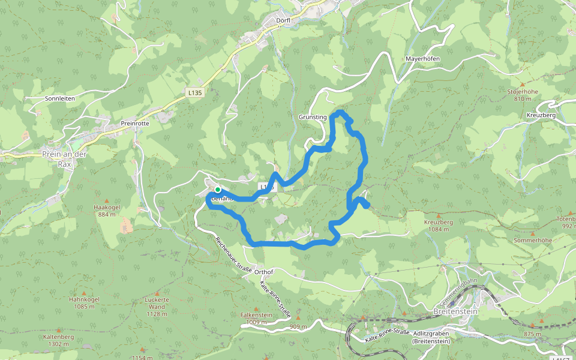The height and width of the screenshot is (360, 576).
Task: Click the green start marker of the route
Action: (x=217, y=190)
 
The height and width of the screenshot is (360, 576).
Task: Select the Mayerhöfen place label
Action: (x=423, y=59)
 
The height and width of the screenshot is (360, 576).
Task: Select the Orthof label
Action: (x=264, y=272)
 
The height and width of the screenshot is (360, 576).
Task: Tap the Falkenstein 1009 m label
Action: (x=256, y=319)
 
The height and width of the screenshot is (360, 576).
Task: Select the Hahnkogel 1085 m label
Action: (x=83, y=303)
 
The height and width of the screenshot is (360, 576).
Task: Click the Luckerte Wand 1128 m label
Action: (x=157, y=307)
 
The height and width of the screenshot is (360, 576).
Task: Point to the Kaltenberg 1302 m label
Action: (x=58, y=340)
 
